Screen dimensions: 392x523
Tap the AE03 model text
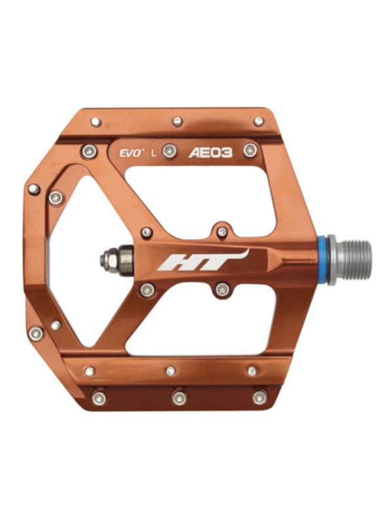click(210, 153)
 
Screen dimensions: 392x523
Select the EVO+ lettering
click(132, 154)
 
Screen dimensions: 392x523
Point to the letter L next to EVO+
click(154, 154)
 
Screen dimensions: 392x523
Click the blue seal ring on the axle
click(322, 260)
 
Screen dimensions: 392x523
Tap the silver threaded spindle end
click(350, 260)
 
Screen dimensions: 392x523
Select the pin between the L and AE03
click(170, 152)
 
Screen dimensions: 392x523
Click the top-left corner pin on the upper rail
click(96, 122)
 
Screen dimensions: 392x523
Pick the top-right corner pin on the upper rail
click(258, 122)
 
